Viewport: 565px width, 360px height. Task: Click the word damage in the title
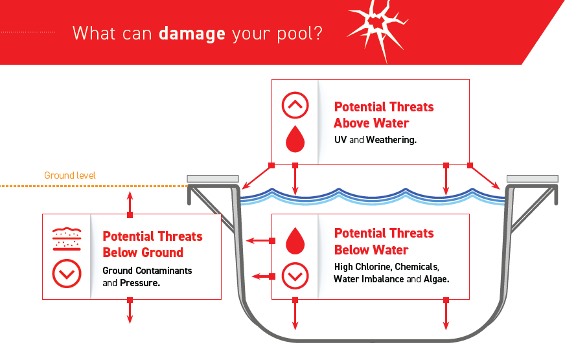(x=192, y=33)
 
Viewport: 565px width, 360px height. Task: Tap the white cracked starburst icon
(x=375, y=29)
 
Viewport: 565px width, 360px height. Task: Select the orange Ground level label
(x=70, y=175)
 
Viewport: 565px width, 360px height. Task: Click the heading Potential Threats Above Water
(x=384, y=115)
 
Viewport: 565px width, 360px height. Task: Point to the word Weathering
(x=391, y=139)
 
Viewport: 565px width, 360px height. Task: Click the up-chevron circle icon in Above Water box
(x=295, y=104)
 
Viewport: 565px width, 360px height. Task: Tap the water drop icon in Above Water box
(x=295, y=137)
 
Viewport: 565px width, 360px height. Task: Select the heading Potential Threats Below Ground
(x=152, y=244)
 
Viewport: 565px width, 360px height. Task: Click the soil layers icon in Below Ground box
(x=66, y=238)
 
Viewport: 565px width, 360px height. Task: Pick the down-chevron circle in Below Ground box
(x=66, y=274)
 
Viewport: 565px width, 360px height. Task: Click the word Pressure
(x=139, y=283)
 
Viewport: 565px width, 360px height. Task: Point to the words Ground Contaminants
(x=147, y=271)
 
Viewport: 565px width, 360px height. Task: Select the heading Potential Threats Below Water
(x=384, y=241)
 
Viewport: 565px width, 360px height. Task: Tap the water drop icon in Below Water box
(x=295, y=240)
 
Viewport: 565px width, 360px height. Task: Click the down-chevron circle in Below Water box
(x=295, y=276)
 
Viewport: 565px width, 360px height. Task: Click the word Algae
(x=436, y=279)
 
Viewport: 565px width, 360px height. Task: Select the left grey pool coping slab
(x=213, y=179)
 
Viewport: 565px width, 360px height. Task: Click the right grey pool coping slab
(x=532, y=179)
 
